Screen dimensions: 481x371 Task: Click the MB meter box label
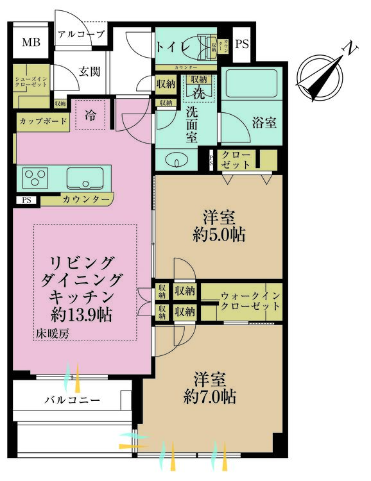tap(30, 43)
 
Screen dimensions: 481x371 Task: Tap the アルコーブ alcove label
tap(81, 35)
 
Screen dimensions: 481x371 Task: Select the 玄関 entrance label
tap(89, 72)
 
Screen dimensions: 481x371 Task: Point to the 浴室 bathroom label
tap(264, 122)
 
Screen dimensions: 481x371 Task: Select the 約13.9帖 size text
tap(82, 315)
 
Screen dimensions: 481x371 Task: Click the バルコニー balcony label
tap(71, 400)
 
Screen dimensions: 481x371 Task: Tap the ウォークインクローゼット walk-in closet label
tap(250, 301)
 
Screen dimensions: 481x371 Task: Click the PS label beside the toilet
tap(242, 44)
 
